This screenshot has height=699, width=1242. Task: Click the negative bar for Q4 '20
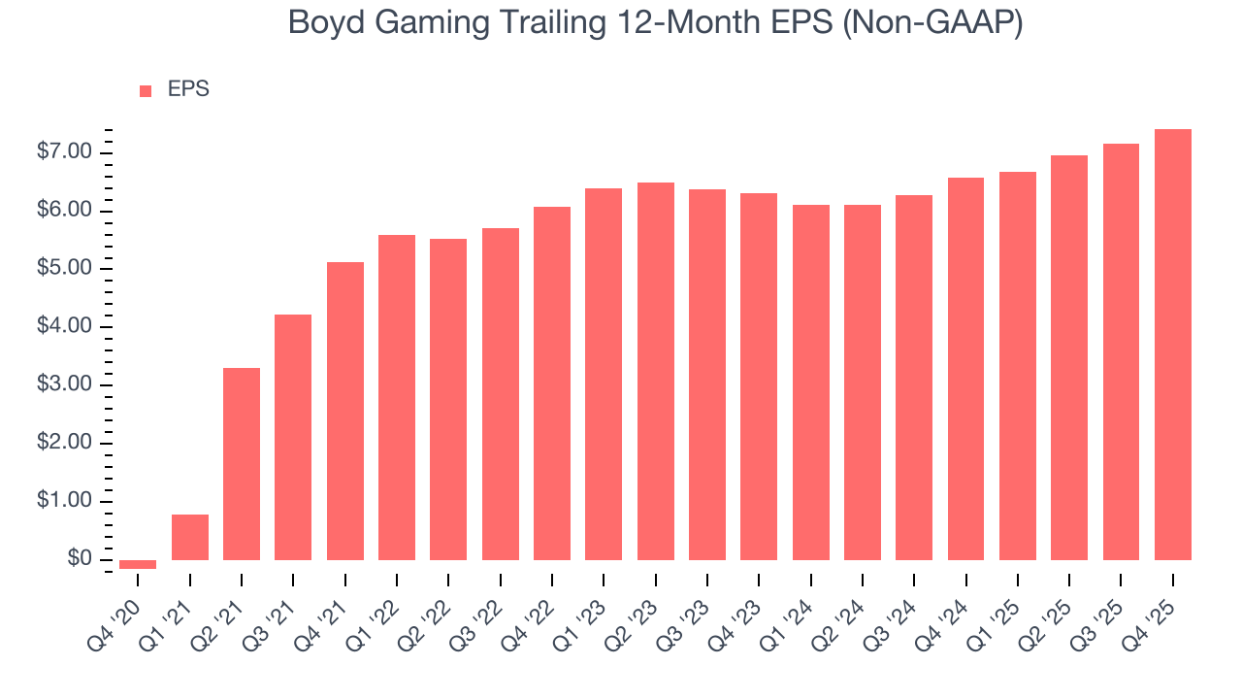coord(138,564)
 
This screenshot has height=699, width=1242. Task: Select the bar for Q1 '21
coord(190,537)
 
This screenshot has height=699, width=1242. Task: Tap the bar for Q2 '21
coord(242,464)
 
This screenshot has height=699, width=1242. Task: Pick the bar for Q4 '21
coord(345,411)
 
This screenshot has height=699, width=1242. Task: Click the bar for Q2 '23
coord(656,371)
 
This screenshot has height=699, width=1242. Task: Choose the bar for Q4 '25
coord(1173,345)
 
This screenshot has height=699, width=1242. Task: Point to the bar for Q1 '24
coord(811,383)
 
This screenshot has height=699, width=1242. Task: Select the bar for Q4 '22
coord(552,383)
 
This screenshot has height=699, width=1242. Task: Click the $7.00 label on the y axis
coord(64,152)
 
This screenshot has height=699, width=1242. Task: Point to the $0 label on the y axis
coord(81,559)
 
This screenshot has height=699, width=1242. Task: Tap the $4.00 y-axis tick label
coord(64,327)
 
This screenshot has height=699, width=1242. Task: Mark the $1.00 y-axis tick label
coord(64,501)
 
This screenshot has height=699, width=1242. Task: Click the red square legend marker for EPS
coord(146,90)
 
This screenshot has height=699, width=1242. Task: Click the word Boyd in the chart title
coord(327,23)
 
